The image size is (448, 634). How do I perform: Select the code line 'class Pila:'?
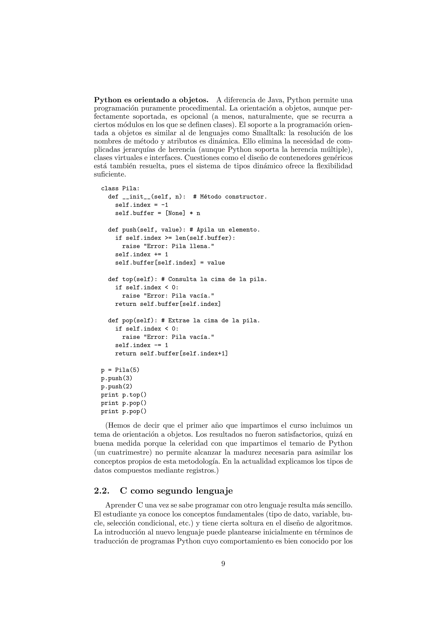[x=120, y=188]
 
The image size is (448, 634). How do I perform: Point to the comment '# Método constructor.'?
[x=230, y=197]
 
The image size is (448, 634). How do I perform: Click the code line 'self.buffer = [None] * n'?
[x=157, y=213]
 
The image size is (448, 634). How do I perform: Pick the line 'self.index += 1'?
[x=142, y=255]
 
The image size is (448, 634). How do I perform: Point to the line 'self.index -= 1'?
[x=142, y=345]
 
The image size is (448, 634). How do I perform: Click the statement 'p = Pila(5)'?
[x=120, y=370]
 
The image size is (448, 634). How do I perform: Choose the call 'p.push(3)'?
[x=117, y=378]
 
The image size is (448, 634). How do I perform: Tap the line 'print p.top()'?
[x=124, y=395]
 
